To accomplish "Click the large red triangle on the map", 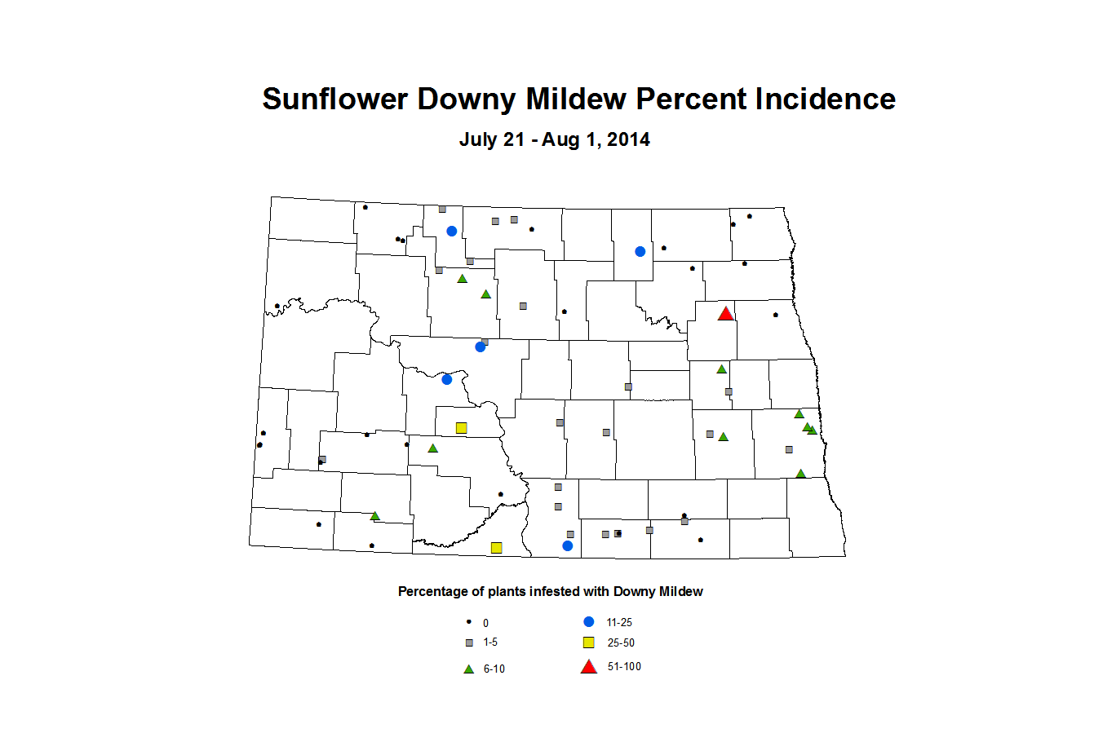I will point(725,314).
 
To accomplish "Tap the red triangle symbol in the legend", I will point(588,667).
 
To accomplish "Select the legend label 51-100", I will point(624,667).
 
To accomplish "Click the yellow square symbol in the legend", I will point(588,642).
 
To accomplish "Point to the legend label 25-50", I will point(621,642).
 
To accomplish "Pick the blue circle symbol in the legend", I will point(589,621).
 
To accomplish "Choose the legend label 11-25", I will point(619,622).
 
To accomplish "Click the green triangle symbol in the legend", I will point(469,669).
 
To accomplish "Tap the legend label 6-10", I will point(494,669).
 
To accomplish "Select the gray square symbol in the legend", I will point(469,643).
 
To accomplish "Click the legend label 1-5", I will point(490,642).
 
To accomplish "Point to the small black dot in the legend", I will point(469,621).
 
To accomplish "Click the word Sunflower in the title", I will point(334,99).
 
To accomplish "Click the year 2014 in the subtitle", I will point(628,139).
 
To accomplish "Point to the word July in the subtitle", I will point(478,139).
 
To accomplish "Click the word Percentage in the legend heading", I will point(433,592).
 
